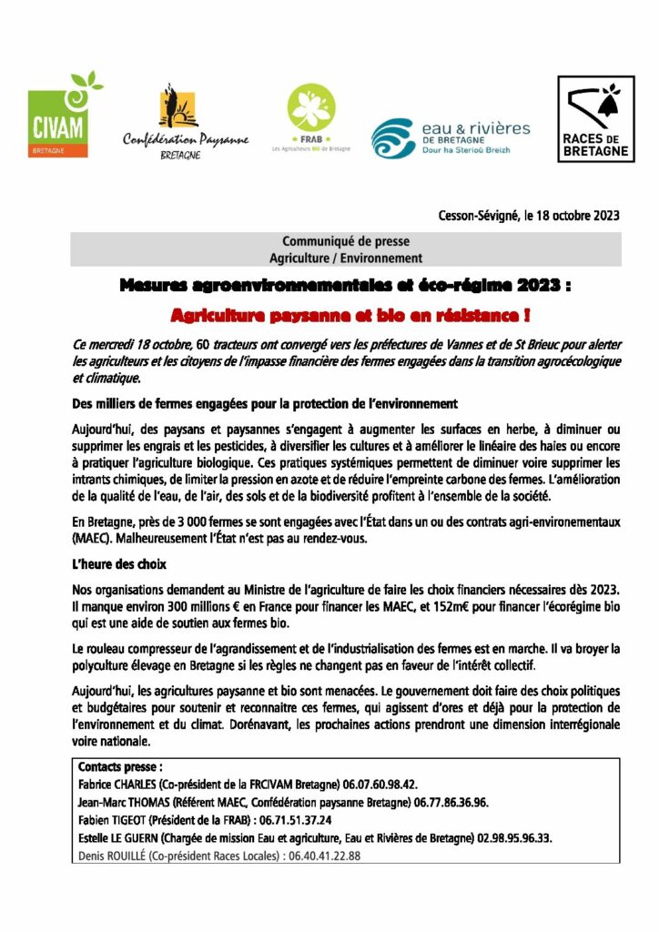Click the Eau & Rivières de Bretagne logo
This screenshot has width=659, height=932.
coord(451,137)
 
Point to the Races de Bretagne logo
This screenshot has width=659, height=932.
coord(595,119)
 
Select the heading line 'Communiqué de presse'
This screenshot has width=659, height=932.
coord(345,242)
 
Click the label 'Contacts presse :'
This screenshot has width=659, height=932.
coord(120,766)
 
